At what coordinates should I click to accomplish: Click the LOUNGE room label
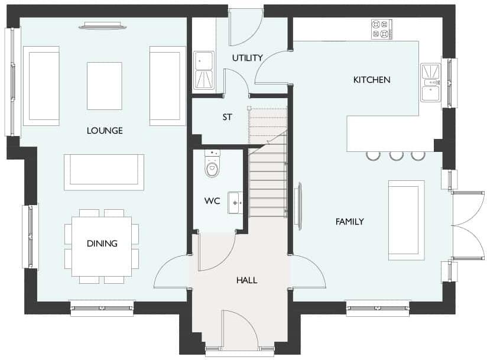105,131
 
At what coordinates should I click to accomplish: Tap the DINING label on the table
102,244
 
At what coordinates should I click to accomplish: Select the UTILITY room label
246,58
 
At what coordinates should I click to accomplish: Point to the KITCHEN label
372,80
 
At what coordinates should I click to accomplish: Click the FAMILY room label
349,222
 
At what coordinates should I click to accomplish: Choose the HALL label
246,280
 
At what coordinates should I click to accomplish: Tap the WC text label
212,201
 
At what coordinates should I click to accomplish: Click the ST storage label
227,117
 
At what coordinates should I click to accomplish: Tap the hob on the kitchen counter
381,29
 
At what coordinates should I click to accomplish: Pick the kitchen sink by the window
431,82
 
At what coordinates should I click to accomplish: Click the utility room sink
204,70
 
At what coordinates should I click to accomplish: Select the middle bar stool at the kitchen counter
396,155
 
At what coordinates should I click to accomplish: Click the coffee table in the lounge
104,86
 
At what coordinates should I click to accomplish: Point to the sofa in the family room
406,220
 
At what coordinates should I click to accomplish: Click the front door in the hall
239,331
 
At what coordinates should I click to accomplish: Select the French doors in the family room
467,225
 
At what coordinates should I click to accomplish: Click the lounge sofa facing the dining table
104,172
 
